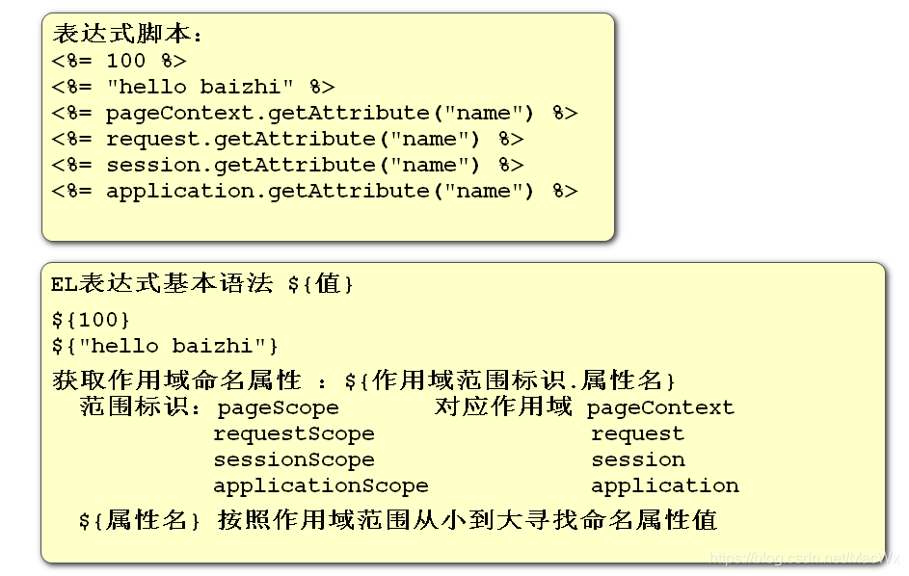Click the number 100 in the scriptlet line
coord(126,61)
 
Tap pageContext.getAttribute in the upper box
coord(267,113)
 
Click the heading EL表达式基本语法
coord(162,284)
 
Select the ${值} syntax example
coord(321,285)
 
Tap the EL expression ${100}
coord(92,319)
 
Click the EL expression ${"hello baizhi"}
coord(166,345)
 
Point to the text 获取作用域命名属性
coord(176,380)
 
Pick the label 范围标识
coord(139,407)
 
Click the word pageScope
coord(278,408)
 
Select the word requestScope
coord(293,434)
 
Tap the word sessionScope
coord(293,460)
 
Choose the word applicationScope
coord(320,486)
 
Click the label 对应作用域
coord(503,406)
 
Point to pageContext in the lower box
coord(660,408)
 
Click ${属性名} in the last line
coord(141,521)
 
